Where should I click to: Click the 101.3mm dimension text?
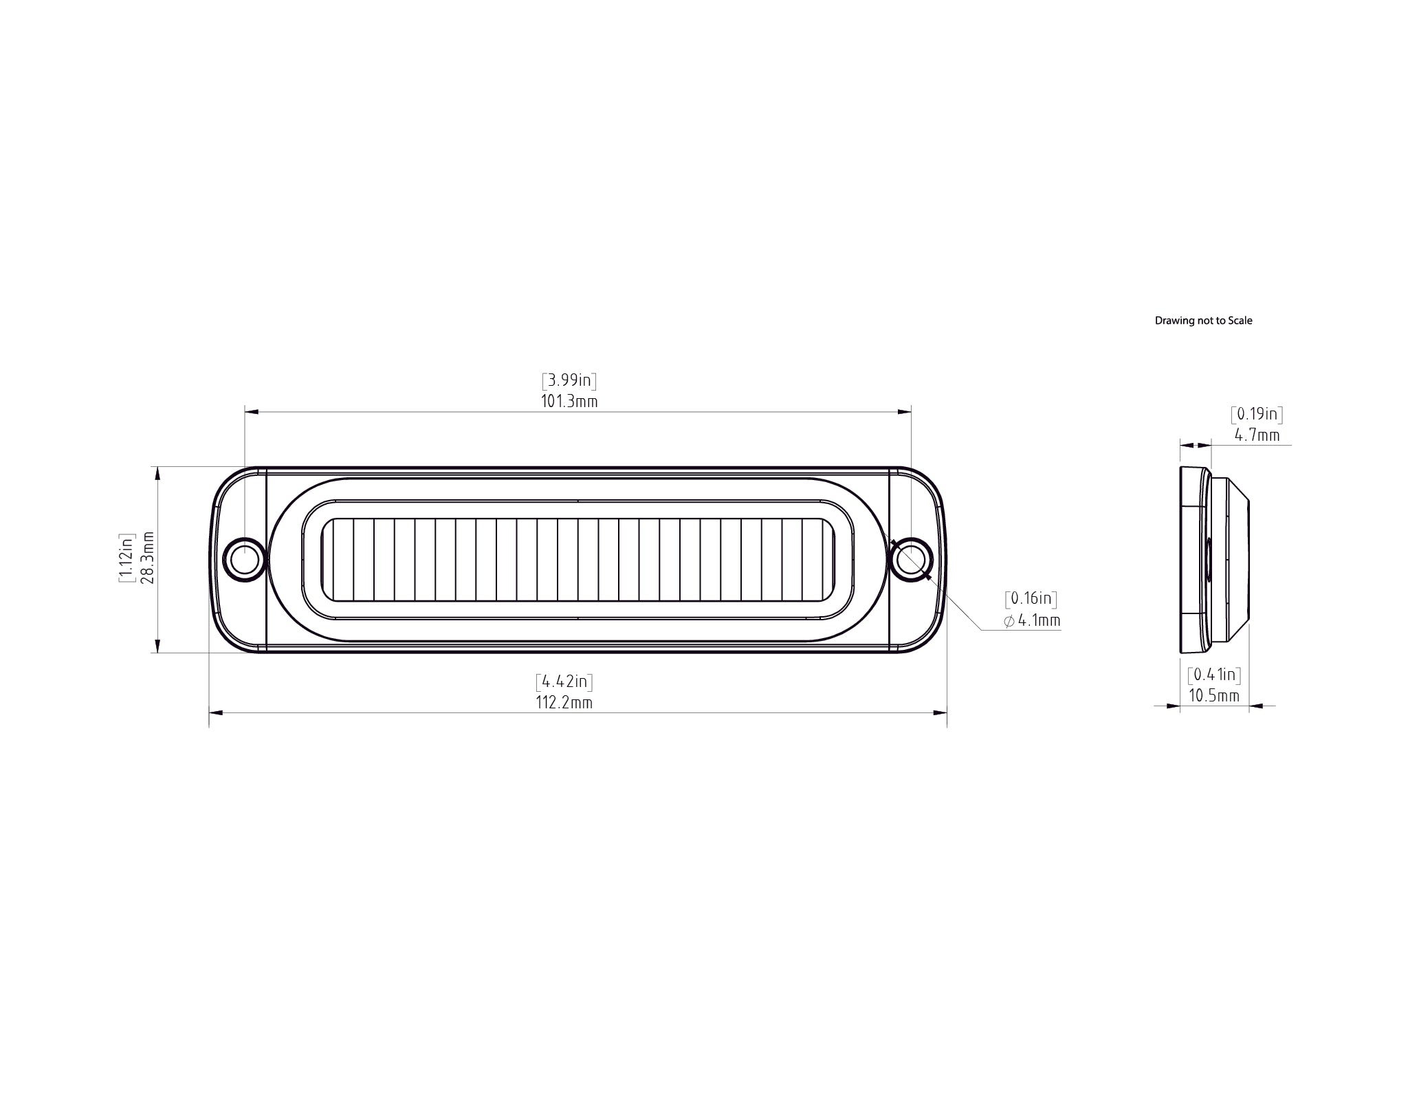[569, 402]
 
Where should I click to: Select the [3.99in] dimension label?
[569, 380]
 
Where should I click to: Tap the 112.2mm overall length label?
[564, 703]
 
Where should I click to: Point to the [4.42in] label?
[564, 682]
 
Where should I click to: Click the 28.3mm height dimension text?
[146, 558]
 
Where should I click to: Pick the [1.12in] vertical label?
[126, 558]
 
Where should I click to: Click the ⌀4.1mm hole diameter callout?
[1032, 621]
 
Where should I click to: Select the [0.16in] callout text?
[1031, 598]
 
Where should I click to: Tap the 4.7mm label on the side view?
[1257, 435]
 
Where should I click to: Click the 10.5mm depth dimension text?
[1214, 696]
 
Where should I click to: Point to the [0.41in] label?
[1214, 675]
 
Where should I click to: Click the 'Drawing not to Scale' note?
[1203, 320]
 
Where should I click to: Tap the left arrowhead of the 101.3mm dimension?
[252, 412]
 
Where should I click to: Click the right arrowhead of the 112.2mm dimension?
[940, 714]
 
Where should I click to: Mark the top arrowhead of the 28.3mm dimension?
[158, 473]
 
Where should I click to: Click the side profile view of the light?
[1214, 560]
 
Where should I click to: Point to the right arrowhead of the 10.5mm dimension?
[1256, 706]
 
